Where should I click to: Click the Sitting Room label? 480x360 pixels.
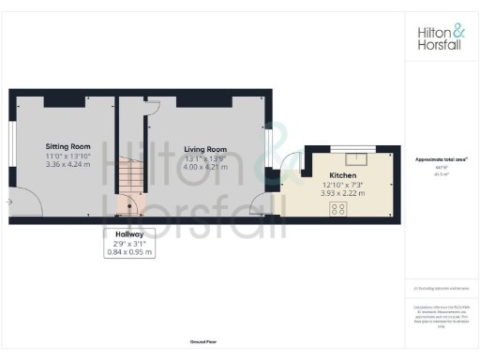pos(68,146)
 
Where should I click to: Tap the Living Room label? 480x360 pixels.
pos(205,149)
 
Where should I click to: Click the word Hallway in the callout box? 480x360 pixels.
pos(129,232)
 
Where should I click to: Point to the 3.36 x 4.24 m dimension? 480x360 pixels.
pos(68,163)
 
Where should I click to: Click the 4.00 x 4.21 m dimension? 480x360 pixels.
pos(205,166)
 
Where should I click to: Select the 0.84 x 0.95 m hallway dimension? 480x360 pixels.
pos(129,251)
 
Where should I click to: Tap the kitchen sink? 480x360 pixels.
pos(356,158)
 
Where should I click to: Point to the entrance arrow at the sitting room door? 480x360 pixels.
pos(8,201)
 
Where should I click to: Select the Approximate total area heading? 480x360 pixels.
pos(442,159)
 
